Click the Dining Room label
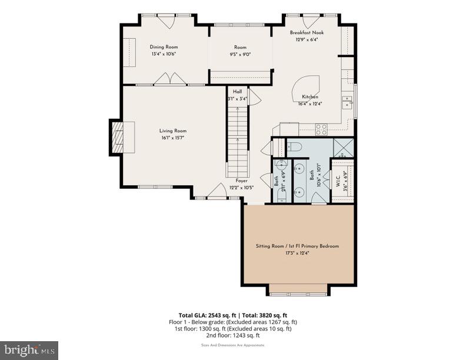coord(164,47)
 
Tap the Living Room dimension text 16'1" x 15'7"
coord(172,138)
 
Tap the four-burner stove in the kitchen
coord(321,128)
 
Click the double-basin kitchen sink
coord(347,106)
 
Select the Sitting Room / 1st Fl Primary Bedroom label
coord(297,246)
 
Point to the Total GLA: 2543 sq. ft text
coord(209,315)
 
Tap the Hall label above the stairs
coord(237,92)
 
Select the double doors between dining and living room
coord(170,79)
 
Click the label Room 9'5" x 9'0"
coord(240,51)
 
